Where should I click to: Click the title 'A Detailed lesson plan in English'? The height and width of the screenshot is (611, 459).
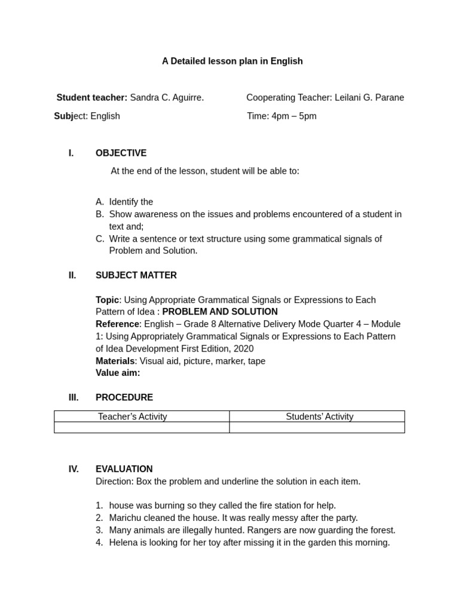(x=232, y=61)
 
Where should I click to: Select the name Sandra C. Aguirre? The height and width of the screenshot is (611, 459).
(x=167, y=97)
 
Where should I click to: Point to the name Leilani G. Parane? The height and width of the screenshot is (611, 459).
(x=369, y=97)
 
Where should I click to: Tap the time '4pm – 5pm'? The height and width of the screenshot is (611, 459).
(x=294, y=116)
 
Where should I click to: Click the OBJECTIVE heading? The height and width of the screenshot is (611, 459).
(x=121, y=153)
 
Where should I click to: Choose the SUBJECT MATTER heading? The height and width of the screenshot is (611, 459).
(x=136, y=275)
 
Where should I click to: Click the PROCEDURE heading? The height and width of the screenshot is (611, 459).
(x=124, y=397)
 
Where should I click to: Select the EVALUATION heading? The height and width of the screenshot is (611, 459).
(x=124, y=469)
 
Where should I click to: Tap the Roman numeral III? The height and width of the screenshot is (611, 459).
(x=73, y=397)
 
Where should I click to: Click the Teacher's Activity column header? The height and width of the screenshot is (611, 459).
(x=133, y=416)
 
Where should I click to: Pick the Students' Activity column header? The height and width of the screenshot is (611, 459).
(x=319, y=416)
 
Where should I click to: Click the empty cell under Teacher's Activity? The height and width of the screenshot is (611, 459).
(x=142, y=427)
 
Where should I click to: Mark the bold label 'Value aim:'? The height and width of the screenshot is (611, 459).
(x=118, y=373)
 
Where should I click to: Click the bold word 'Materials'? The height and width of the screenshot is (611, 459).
(x=115, y=361)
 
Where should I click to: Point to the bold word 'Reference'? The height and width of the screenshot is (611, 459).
(x=117, y=324)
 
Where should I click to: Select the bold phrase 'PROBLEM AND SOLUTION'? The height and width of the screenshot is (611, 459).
(x=220, y=311)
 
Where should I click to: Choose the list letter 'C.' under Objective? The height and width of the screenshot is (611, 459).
(x=100, y=239)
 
